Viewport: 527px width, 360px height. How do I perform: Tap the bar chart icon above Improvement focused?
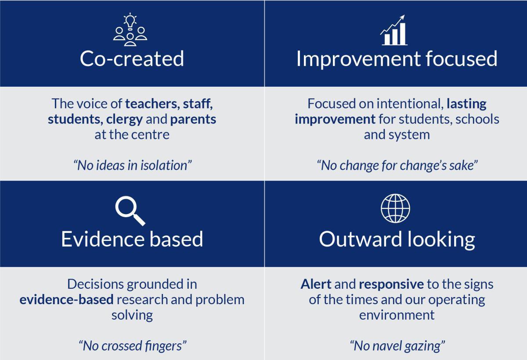point(393,30)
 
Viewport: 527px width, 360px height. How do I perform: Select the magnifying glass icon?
point(130,211)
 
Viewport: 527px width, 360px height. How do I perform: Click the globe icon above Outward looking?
point(395,208)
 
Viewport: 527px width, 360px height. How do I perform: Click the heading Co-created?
point(132,58)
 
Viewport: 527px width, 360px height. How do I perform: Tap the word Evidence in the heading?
point(103,239)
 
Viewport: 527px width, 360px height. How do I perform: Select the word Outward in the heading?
point(361,239)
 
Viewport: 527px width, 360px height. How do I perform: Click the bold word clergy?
point(124,120)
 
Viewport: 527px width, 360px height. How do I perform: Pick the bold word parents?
point(193,120)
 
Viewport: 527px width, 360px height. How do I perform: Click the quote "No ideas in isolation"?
point(133,165)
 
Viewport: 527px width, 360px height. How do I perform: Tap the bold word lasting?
point(466,104)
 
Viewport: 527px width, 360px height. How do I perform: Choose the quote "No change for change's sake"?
point(397,165)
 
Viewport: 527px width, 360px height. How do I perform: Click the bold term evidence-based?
point(67,300)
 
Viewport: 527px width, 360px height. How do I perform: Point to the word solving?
point(132,316)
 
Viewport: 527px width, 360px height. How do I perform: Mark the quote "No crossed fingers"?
point(133,346)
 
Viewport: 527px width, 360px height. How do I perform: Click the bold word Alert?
point(316,284)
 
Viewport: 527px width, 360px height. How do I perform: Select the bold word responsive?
point(391,285)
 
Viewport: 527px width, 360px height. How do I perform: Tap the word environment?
point(397,315)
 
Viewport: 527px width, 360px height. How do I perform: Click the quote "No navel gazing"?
point(397,346)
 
